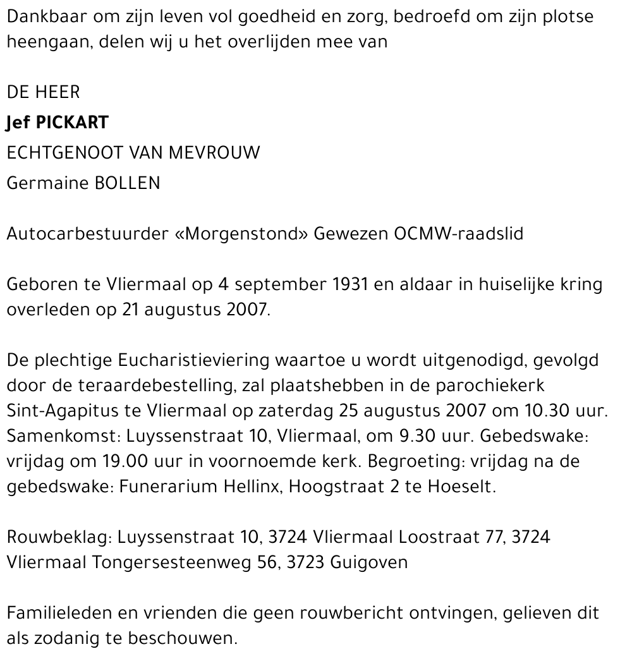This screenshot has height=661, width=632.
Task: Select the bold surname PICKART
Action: (x=73, y=122)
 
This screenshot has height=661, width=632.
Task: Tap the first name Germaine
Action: (x=47, y=183)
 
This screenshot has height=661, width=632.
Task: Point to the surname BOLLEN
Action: (x=127, y=183)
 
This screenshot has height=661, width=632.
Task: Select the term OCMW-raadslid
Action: (x=458, y=234)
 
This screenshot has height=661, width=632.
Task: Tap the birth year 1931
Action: (x=350, y=284)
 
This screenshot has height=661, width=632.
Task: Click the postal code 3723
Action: (x=306, y=562)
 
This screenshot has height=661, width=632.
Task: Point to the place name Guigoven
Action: (x=369, y=562)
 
